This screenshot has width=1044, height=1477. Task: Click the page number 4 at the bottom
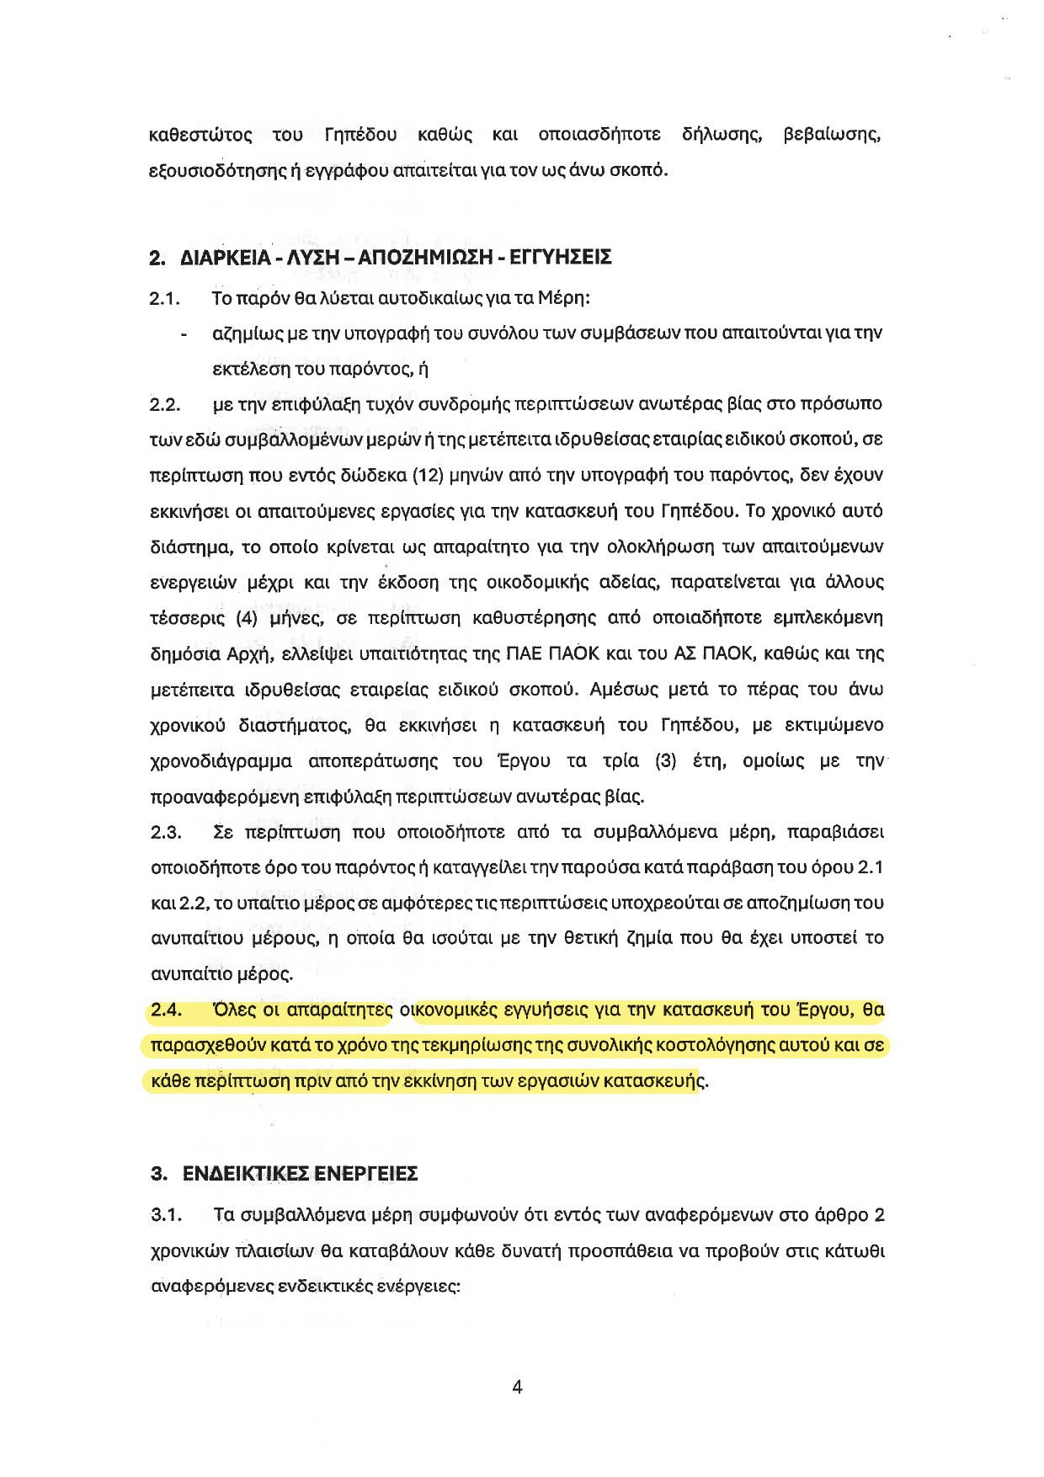[x=517, y=1387]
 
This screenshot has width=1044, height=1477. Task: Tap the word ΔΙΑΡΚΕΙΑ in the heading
[x=219, y=258]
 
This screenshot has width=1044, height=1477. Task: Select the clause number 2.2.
[x=166, y=405]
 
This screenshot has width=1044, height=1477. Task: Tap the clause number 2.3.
[x=166, y=833]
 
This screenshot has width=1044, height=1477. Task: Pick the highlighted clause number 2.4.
[x=166, y=1010]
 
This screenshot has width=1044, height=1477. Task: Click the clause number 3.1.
[x=166, y=1216]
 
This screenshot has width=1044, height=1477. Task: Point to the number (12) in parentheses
[x=424, y=476]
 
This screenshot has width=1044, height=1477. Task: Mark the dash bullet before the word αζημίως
[x=184, y=334]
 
